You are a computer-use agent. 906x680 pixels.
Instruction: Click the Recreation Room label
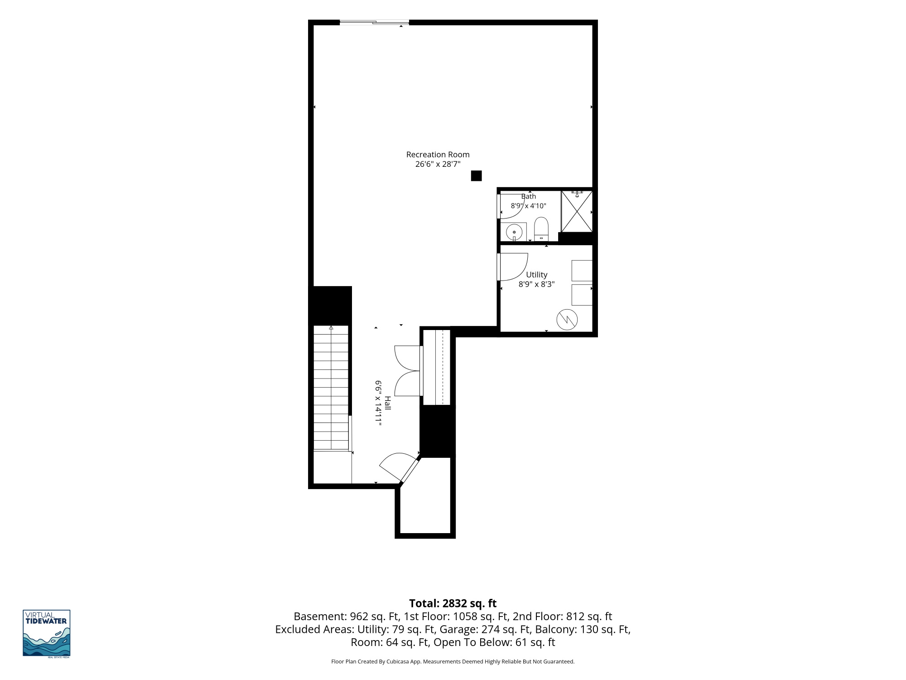click(x=438, y=155)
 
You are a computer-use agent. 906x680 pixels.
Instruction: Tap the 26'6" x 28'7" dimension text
click(x=438, y=164)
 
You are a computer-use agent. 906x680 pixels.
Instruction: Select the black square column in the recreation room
click(x=476, y=176)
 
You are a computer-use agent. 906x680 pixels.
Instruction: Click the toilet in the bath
click(x=541, y=229)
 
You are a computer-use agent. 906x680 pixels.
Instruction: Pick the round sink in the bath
click(x=514, y=232)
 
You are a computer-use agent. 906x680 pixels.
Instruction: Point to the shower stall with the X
click(x=577, y=211)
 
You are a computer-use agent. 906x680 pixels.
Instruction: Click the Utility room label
click(x=537, y=275)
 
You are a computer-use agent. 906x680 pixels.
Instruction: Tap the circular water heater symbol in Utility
click(x=567, y=319)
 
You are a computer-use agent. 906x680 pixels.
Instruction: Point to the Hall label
click(x=388, y=403)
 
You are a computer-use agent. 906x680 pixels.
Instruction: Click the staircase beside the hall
click(x=331, y=388)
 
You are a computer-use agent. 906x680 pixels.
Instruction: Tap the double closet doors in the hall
click(x=408, y=371)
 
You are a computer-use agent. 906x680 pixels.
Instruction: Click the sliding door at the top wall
click(x=374, y=22)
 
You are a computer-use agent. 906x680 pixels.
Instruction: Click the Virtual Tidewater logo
click(x=47, y=633)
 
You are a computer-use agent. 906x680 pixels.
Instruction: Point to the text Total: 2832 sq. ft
click(x=453, y=603)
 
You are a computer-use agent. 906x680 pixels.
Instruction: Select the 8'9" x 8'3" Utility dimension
click(x=537, y=285)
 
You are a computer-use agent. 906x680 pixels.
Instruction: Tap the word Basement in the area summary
click(x=320, y=617)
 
